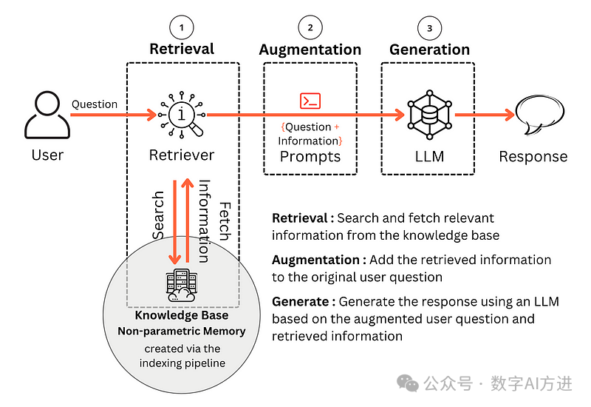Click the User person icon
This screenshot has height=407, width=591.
click(47, 115)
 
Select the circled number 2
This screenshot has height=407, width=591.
click(310, 27)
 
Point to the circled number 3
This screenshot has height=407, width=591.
click(429, 27)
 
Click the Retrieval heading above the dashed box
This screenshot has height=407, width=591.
click(182, 50)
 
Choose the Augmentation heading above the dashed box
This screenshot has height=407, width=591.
click(310, 50)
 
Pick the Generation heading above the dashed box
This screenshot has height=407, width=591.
click(429, 50)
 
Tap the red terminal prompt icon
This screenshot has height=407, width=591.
click(310, 101)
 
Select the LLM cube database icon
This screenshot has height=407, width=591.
click(429, 115)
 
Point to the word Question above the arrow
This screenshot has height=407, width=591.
click(95, 104)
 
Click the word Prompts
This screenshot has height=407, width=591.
click(310, 156)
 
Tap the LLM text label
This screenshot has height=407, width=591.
click(429, 156)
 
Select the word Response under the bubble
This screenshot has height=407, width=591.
click(533, 156)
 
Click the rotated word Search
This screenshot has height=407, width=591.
click(158, 215)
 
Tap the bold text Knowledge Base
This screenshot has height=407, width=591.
click(181, 316)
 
